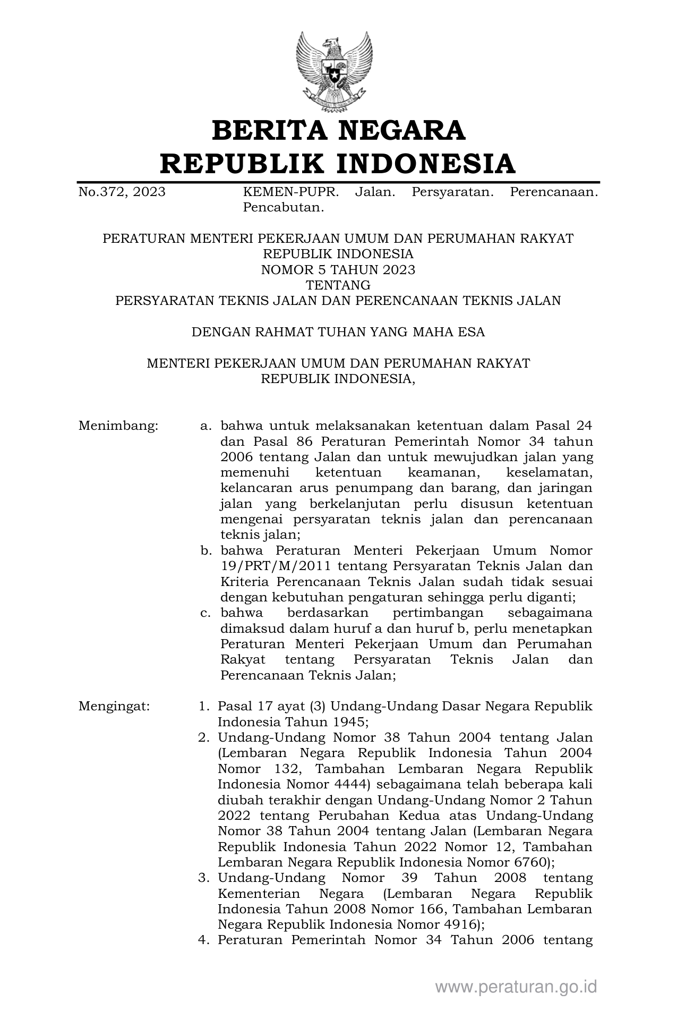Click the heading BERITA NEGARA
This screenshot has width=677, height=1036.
click(x=338, y=131)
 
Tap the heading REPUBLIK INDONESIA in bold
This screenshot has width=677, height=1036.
click(x=338, y=163)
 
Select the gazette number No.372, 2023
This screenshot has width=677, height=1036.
click(x=122, y=192)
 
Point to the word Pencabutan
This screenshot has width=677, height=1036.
click(x=283, y=208)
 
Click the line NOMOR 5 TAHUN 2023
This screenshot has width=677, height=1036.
click(x=338, y=270)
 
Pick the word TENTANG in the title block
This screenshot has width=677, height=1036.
click(x=338, y=285)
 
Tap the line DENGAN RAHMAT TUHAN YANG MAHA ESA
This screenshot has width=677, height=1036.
click(x=338, y=333)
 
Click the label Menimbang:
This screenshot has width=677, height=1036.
click(x=118, y=426)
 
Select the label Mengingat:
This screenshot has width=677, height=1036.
click(x=114, y=707)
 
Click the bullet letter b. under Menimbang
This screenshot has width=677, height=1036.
click(x=206, y=550)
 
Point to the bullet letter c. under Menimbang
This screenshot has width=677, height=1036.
click(x=206, y=613)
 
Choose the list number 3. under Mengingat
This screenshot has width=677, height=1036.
click(x=204, y=878)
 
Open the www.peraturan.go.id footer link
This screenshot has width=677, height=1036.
click(x=516, y=987)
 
